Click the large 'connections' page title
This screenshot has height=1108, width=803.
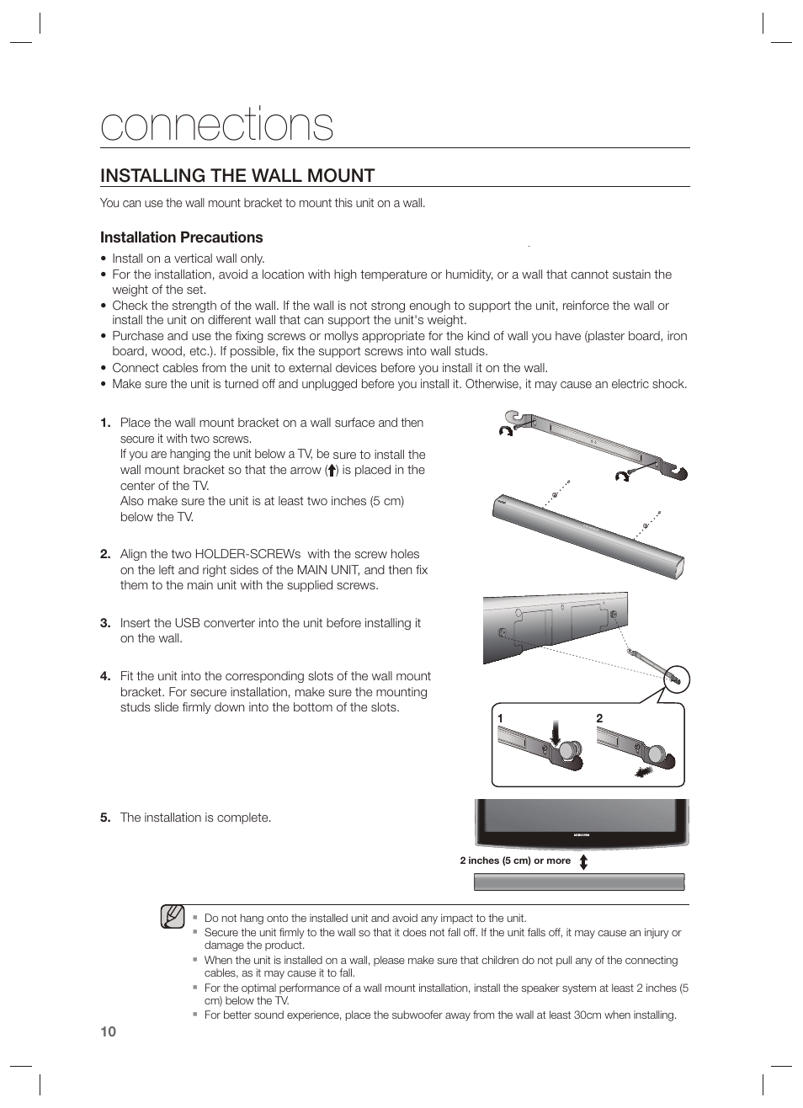coord(216,125)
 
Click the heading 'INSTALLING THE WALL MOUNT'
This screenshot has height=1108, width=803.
coord(237,175)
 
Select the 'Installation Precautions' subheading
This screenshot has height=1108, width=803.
coord(181,237)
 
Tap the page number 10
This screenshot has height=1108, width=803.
coord(108,1032)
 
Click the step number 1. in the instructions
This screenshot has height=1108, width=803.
coord(105,423)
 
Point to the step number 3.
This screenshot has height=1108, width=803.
coord(105,623)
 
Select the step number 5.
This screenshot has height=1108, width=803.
coord(105,818)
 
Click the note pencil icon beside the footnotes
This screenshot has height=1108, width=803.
coord(173,916)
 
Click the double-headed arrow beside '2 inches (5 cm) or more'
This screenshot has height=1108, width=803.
coord(583,861)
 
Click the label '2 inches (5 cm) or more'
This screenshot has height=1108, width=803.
coord(515,860)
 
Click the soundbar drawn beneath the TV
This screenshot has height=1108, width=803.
coord(579,882)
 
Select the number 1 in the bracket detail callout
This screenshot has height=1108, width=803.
coord(500,718)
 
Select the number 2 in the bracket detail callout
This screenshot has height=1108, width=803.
coord(599,718)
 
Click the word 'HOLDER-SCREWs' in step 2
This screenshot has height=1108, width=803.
coord(247,554)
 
